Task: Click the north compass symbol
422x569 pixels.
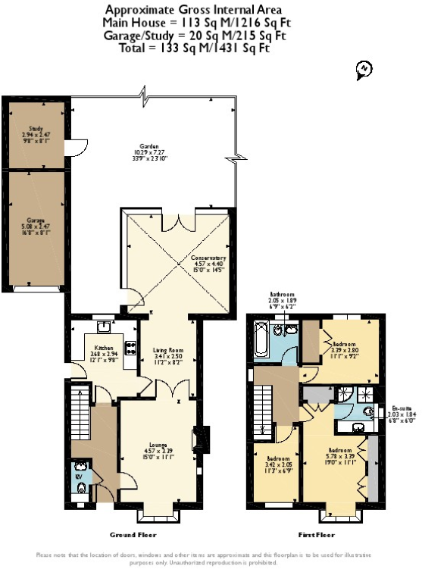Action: coord(364,70)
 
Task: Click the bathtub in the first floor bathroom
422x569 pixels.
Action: coord(259,341)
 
